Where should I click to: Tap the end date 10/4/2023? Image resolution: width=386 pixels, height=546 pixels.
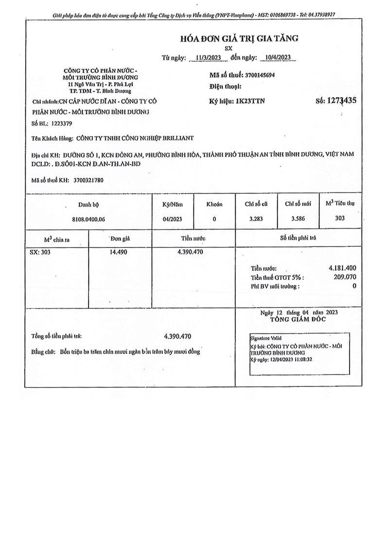275,57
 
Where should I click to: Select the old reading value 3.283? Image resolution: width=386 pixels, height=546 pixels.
256,219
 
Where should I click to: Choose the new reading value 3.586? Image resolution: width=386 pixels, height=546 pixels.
298,219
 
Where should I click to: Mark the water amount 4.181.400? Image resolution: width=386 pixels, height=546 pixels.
342,268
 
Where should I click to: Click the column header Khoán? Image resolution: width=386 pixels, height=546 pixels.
214,204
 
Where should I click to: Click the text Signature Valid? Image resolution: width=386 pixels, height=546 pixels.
265,338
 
